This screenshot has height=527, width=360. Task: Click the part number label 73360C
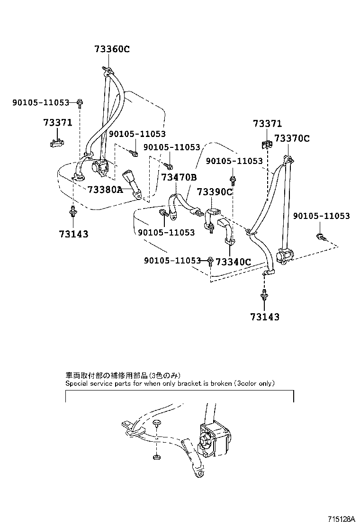click(111, 49)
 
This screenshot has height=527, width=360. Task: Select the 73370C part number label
click(292, 138)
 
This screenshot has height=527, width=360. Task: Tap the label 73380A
click(105, 190)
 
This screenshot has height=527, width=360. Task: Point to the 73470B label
click(179, 178)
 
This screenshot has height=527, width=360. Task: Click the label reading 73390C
click(215, 192)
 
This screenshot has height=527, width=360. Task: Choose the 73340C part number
click(233, 261)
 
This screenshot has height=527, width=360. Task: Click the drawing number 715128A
click(340, 519)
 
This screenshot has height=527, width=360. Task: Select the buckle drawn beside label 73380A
click(131, 182)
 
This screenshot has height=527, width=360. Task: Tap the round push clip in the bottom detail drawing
click(157, 423)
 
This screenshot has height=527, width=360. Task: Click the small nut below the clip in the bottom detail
click(156, 457)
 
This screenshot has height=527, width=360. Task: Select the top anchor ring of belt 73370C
click(288, 158)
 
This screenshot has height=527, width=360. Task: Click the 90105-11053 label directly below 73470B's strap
click(166, 233)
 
